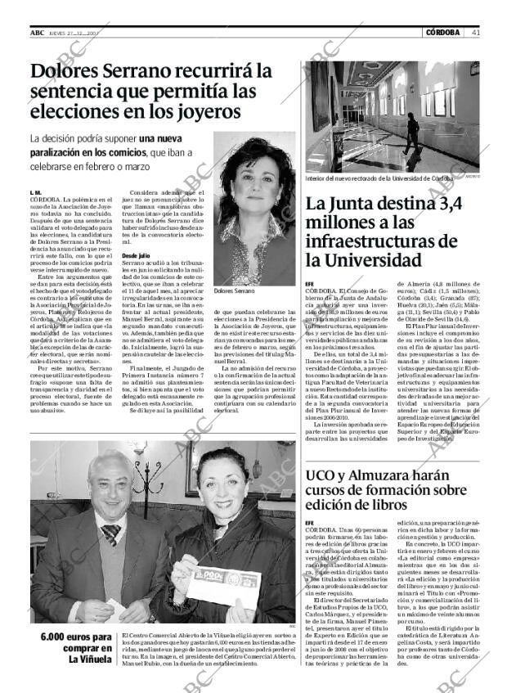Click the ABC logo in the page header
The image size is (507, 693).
37,32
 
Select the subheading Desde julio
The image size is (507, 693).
135,256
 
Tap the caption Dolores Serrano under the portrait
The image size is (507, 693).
233,291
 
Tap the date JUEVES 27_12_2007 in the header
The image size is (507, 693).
74,33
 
